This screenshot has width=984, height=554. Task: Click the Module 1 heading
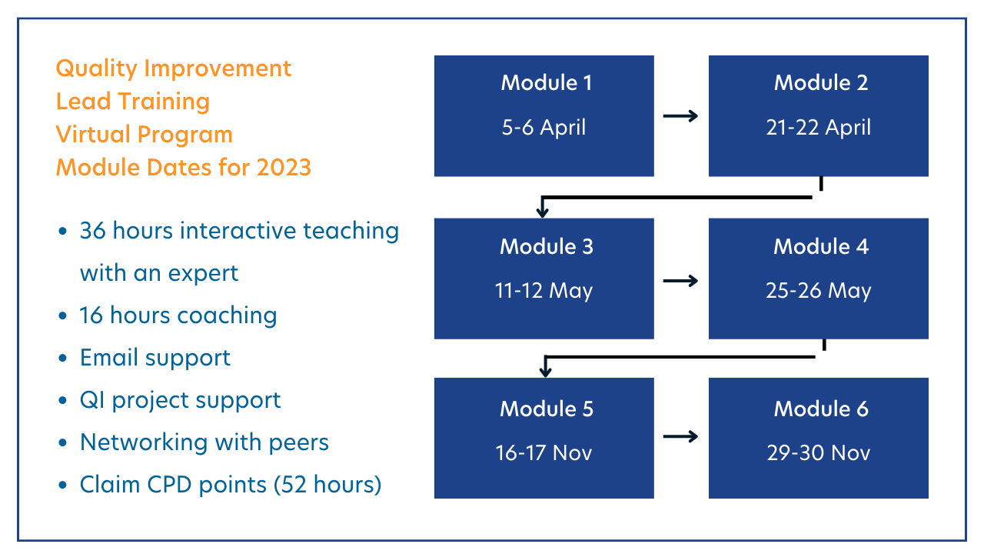pos(547,83)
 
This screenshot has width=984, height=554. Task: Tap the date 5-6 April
pos(544,127)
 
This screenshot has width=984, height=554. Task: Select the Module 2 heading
pos(820,83)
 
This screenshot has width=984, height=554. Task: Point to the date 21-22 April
pos(818,127)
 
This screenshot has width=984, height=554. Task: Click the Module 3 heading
pos(546,246)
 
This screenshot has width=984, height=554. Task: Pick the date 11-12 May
pos(544,291)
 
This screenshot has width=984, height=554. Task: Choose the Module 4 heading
pos(820,246)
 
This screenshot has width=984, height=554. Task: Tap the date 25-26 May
pos(818,291)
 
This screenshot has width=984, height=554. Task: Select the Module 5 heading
pos(547,409)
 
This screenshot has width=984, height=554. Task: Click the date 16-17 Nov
pos(544,452)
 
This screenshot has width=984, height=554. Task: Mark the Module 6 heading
pos(820,409)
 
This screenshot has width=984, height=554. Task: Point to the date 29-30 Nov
pos(818,452)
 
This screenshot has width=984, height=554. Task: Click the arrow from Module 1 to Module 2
pos(680,116)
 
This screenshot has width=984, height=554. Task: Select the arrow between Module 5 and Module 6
pos(680,436)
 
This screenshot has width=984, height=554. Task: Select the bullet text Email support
pos(155,358)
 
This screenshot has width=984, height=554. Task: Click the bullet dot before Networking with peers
pos(62,443)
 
